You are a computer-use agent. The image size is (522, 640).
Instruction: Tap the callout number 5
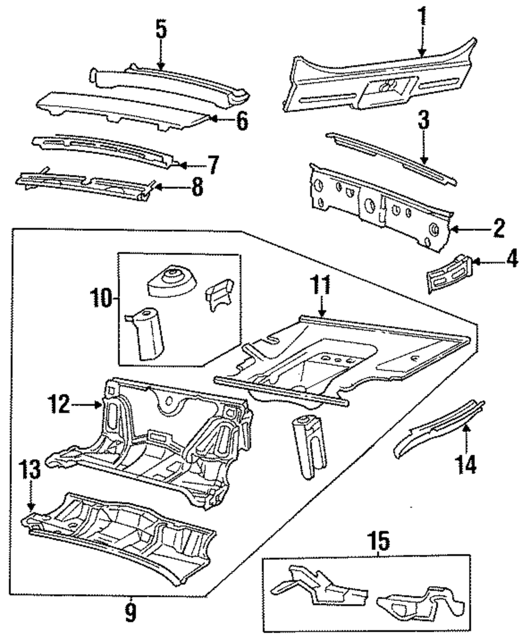point(161,29)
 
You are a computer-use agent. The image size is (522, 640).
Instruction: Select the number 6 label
point(242,121)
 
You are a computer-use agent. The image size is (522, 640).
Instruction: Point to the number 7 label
point(213,165)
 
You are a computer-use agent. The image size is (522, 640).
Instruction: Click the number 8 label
point(197,187)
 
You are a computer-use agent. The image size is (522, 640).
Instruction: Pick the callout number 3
point(424,120)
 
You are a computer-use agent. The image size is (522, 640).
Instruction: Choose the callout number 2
point(499,228)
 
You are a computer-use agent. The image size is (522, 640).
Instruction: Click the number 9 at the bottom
point(130,612)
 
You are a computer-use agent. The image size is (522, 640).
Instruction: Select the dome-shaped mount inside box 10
point(171,281)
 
